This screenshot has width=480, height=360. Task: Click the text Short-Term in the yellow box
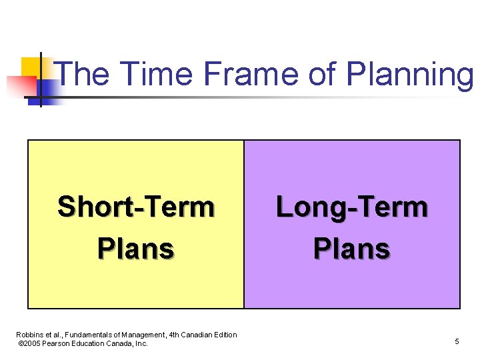click(x=136, y=207)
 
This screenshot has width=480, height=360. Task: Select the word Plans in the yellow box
click(x=136, y=249)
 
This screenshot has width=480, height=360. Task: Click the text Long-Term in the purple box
click(x=352, y=207)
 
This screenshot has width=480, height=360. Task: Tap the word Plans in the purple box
click(x=352, y=249)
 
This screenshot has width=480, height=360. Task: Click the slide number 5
click(x=457, y=342)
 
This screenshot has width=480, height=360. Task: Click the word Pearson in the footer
click(x=59, y=343)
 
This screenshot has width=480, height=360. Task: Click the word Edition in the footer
click(x=226, y=335)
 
